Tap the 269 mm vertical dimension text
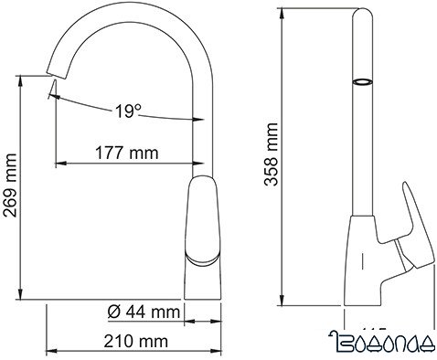[10, 189]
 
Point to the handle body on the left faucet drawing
[203, 219]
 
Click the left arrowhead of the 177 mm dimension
[61, 164]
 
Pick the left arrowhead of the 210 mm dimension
[49, 352]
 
